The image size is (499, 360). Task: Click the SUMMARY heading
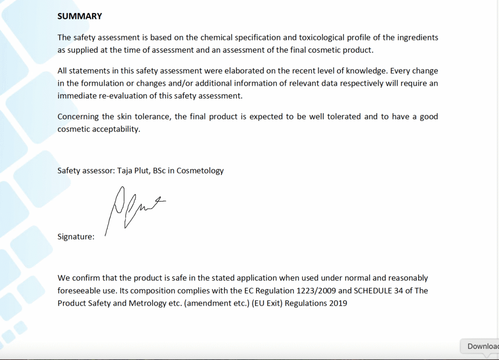point(79,16)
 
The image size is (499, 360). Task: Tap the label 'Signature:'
point(76,237)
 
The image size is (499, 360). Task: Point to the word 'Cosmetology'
point(200,171)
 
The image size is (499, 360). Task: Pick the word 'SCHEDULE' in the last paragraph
point(373,290)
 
